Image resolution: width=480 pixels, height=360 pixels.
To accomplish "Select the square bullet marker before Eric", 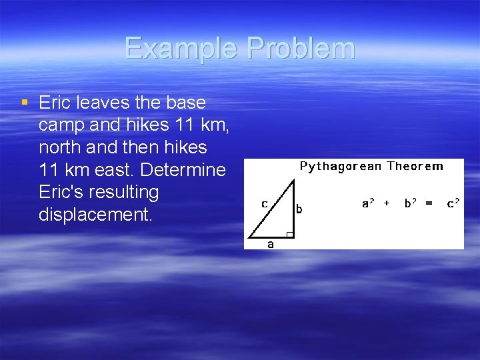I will [x=25, y=103].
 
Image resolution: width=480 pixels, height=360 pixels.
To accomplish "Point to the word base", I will [x=186, y=103].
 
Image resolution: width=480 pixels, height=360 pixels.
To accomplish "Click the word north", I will [x=62, y=147].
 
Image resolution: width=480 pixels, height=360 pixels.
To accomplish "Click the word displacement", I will [x=93, y=215].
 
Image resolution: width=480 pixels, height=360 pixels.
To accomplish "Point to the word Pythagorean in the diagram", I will [x=340, y=166].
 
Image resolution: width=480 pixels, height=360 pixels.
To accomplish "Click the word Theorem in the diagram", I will [x=415, y=166].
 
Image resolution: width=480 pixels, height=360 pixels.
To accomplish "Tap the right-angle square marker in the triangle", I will [x=289, y=233].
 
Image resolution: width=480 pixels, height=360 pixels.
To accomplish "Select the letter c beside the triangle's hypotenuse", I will [x=265, y=203].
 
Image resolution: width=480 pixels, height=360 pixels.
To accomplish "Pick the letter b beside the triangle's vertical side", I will [x=299, y=209].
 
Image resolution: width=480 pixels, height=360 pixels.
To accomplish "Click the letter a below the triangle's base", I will [x=270, y=244].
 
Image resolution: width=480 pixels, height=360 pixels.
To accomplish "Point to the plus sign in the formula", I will [x=387, y=203].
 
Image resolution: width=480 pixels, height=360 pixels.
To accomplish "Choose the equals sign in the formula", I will [x=429, y=203].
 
